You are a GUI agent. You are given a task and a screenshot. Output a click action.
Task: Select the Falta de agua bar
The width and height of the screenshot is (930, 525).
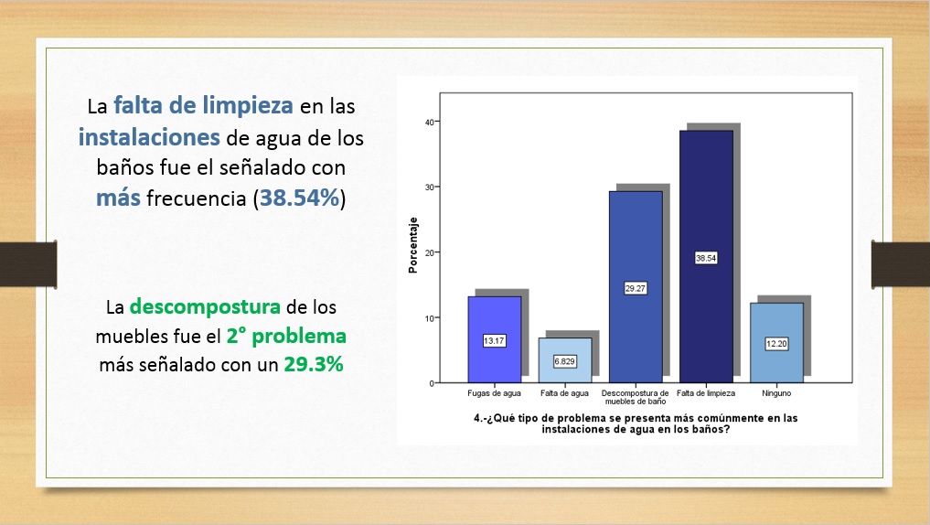click(564, 360)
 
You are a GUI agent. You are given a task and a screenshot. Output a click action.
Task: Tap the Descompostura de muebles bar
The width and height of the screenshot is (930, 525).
click(636, 287)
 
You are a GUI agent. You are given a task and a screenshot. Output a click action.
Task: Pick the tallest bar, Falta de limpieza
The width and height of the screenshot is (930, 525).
click(706, 257)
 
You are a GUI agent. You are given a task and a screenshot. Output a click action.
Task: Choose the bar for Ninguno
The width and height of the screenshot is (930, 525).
click(776, 343)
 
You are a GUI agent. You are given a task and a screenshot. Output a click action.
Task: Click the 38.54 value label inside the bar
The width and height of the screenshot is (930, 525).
click(706, 258)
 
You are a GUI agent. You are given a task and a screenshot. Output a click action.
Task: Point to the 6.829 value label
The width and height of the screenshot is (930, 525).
click(564, 361)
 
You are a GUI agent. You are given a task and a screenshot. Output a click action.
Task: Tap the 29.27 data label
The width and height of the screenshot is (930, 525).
click(636, 288)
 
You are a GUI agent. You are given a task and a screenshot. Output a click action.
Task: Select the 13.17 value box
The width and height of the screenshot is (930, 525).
click(494, 340)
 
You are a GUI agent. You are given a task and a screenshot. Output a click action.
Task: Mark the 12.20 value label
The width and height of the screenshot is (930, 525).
click(776, 344)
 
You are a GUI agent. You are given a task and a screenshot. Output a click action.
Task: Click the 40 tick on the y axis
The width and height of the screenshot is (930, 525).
click(430, 123)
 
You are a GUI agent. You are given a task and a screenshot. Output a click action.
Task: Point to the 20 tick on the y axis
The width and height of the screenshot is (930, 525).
click(430, 252)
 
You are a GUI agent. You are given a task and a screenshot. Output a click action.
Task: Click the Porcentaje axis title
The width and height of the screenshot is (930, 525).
click(412, 245)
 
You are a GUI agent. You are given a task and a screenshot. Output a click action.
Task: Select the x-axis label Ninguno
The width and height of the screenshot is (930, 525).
click(776, 393)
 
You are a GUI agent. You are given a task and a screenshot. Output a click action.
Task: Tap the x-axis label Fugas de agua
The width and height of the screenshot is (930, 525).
click(494, 393)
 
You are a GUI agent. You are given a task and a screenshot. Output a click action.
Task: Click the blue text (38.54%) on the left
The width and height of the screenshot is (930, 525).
click(300, 198)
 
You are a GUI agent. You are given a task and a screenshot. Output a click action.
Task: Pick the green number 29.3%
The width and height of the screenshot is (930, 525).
click(314, 364)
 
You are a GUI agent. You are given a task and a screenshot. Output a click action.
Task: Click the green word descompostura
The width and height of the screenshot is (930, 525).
click(205, 307)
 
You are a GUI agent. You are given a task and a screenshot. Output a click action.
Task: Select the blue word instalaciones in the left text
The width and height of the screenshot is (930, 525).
click(149, 137)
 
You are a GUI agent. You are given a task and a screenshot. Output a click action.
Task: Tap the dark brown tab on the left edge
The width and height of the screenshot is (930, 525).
click(28, 264)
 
